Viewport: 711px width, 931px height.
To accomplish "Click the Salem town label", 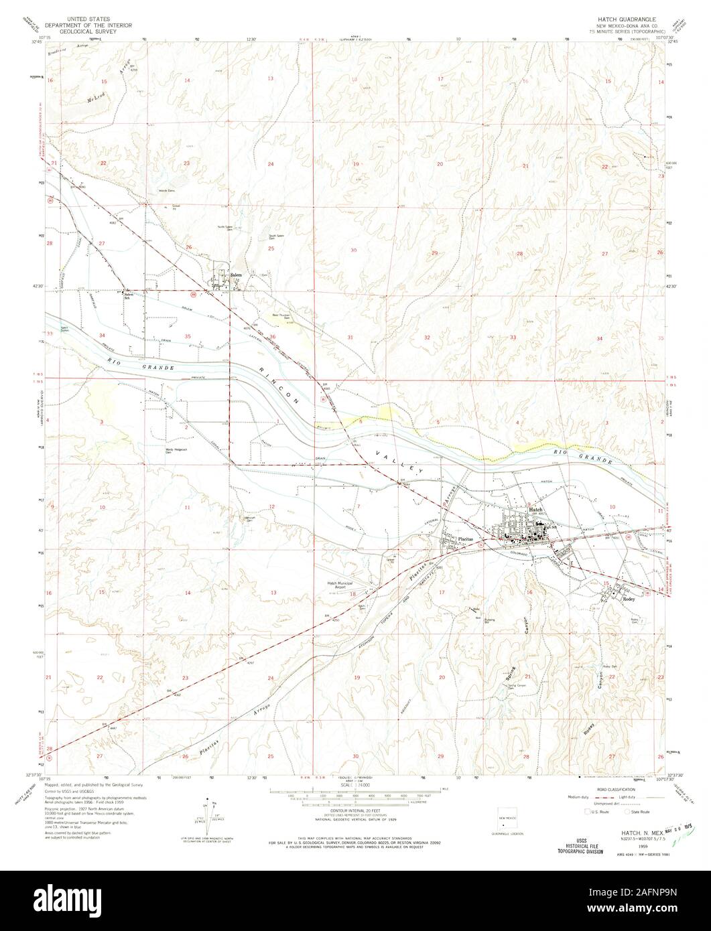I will tap(235, 275).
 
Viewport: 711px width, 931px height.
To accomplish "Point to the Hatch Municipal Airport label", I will tap(340, 585).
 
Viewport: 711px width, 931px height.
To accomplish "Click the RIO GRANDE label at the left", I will tap(143, 368).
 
